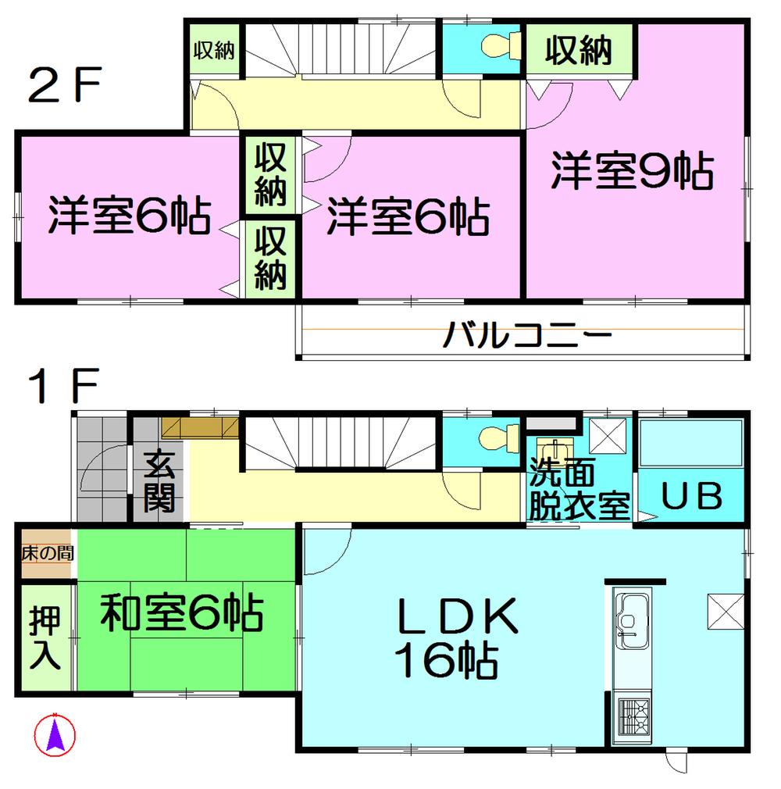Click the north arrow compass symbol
pos(55,734)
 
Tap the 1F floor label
pos(62,386)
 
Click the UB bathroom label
pos(692,496)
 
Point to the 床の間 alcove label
pos(47,555)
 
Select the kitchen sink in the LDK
pos(633,618)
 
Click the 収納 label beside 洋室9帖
pos(578,52)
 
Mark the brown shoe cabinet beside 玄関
pos(200,427)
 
